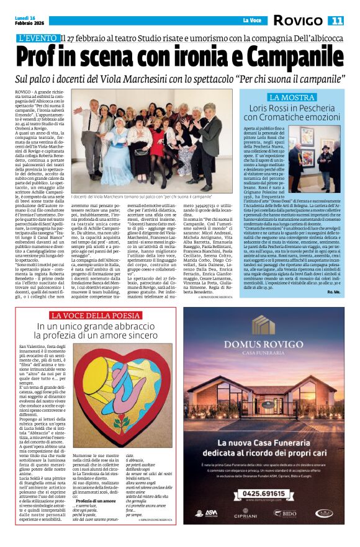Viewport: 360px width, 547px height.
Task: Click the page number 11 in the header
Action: click(x=336, y=20)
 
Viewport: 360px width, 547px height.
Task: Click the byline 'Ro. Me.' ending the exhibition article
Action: click(x=334, y=291)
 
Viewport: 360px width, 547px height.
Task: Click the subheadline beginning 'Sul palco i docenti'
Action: click(x=180, y=79)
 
